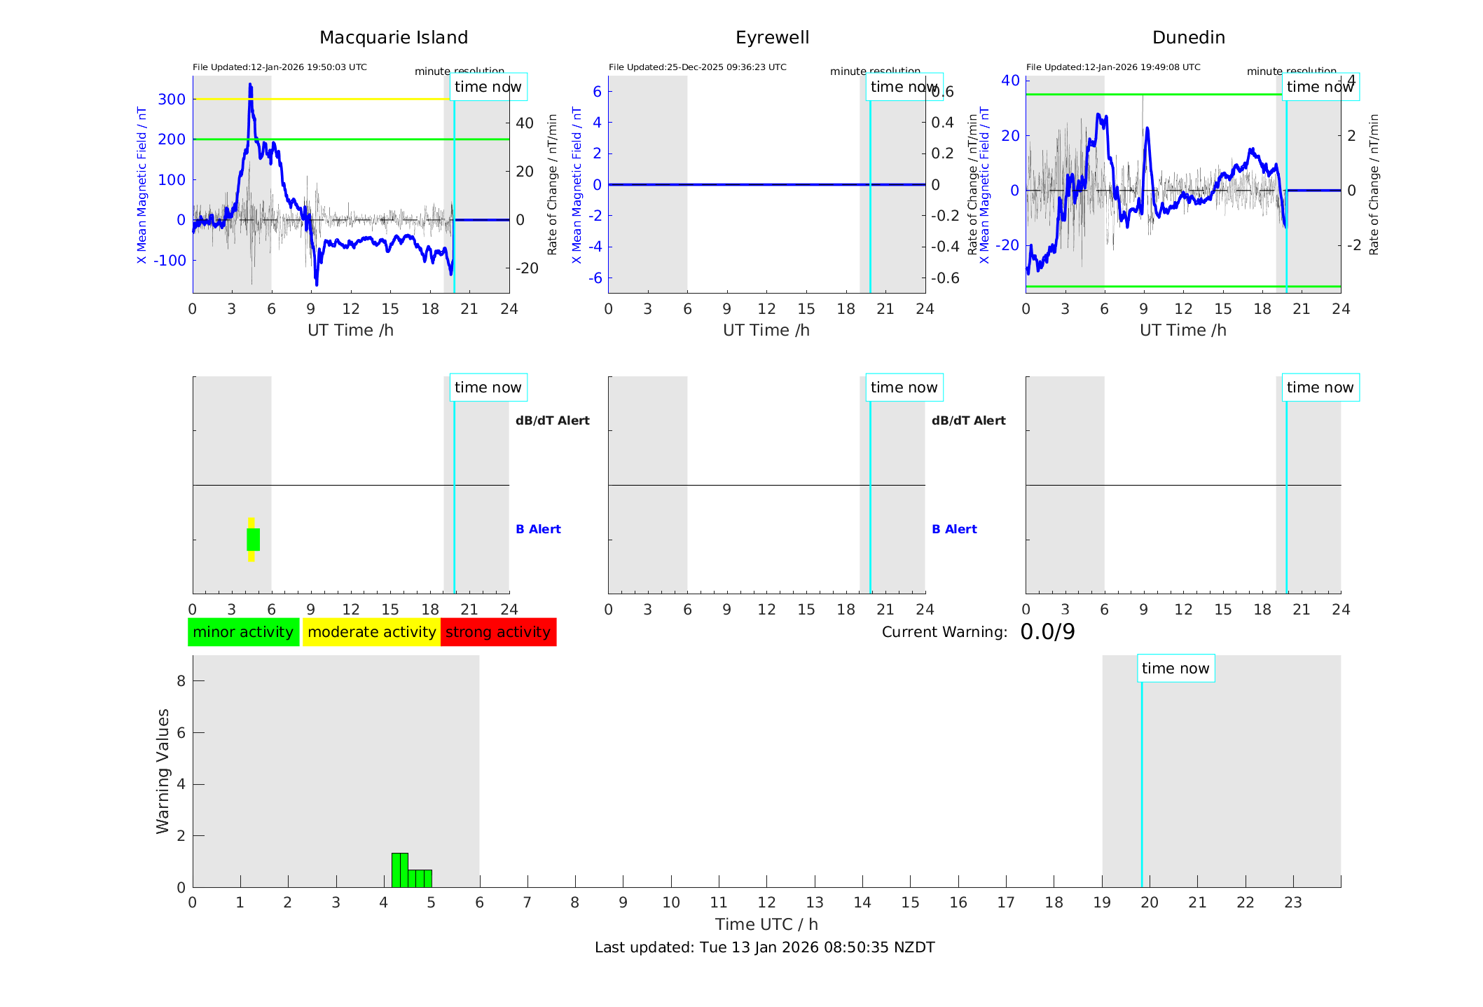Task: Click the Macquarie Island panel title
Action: click(x=393, y=38)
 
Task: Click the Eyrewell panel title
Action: click(x=772, y=38)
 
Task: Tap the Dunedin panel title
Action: click(x=1188, y=38)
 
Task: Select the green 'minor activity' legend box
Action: click(x=243, y=632)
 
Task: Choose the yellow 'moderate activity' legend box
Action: click(x=371, y=632)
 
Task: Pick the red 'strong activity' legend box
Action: click(x=498, y=632)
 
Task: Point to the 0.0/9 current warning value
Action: click(x=1047, y=632)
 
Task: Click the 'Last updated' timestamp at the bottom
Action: click(x=764, y=947)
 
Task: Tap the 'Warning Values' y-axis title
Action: click(x=163, y=771)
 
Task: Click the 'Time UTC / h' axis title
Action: click(x=766, y=924)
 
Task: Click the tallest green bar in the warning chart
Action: click(x=399, y=870)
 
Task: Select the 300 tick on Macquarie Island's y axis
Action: click(x=172, y=100)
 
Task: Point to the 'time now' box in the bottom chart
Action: click(x=1175, y=669)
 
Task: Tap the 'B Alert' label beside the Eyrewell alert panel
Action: click(x=954, y=529)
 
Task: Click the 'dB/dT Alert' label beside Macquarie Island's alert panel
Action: click(x=552, y=420)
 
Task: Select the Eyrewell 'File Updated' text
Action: click(x=697, y=67)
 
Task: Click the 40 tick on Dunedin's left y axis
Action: click(x=1010, y=81)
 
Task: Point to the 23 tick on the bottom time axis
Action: click(x=1292, y=903)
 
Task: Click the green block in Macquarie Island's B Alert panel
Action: click(x=253, y=540)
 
